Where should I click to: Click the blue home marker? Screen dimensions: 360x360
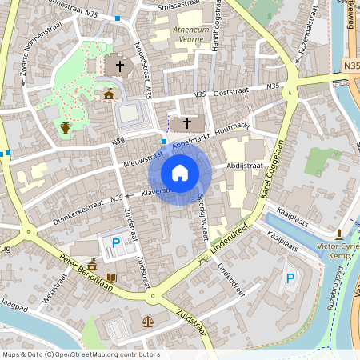pos(180,172)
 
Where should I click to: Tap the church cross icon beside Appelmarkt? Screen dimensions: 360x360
pos(188,122)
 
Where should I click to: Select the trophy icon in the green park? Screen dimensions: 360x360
pos(66,127)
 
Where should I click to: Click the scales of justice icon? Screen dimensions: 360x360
pos(148,320)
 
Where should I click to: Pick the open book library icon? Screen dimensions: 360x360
pos(111,278)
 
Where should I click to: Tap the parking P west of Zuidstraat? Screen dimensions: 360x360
pos(116,242)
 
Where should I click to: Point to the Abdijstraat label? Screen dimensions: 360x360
pos(244,166)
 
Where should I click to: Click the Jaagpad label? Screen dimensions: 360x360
pos(14,307)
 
